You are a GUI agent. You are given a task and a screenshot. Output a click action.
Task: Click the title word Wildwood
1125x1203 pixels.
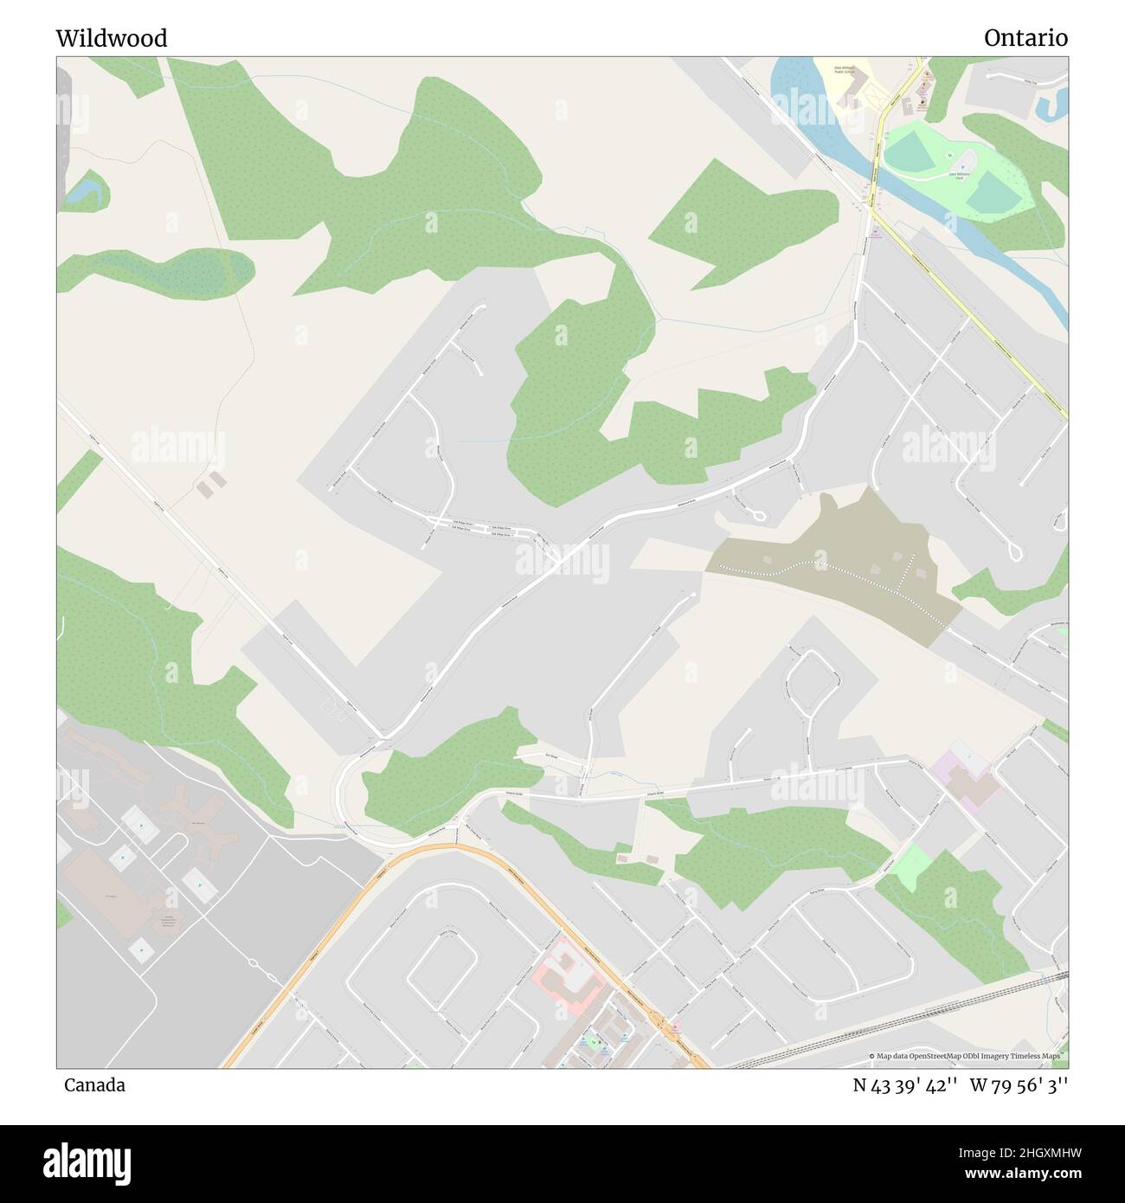coord(112,38)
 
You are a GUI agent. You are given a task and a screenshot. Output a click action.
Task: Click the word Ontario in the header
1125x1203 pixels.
coord(1025,38)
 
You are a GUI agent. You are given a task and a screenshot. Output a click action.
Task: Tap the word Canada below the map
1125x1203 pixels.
coord(94,1085)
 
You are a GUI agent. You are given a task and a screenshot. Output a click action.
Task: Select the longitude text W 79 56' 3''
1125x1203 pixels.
coord(1019,1085)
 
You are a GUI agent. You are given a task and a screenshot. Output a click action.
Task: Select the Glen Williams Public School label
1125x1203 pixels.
coord(847,68)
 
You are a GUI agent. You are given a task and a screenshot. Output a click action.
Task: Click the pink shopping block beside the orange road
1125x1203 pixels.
coord(568,970)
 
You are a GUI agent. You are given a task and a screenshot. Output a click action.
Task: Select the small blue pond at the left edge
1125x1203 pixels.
coord(83,192)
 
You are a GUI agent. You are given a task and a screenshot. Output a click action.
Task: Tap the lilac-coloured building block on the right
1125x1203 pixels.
coord(964,775)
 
